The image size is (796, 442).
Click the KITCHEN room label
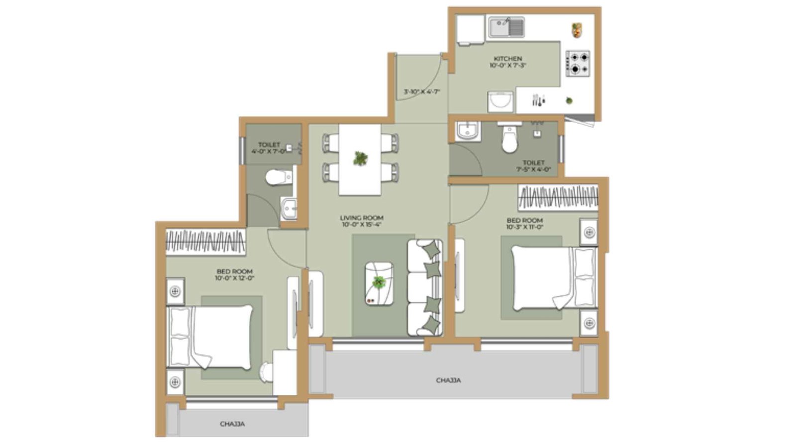point(507,59)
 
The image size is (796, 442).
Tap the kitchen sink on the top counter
point(506,27)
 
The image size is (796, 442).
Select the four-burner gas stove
point(578,63)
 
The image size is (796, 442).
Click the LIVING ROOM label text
point(362,218)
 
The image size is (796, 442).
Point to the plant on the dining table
point(360,159)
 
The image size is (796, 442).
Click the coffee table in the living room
point(379,284)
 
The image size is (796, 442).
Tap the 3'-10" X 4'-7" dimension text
point(422,92)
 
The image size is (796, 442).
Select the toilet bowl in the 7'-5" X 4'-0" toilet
point(509,139)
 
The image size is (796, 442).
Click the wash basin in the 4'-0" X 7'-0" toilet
point(289,208)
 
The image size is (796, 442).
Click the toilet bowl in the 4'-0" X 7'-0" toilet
point(278,177)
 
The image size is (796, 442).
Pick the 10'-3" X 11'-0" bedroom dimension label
point(524,227)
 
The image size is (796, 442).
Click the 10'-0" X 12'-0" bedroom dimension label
point(234,278)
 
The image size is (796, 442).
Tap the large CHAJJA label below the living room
point(448,380)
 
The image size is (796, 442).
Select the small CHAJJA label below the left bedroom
point(232,424)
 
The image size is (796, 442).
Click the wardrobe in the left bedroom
point(205,242)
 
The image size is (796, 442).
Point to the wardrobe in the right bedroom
point(558,197)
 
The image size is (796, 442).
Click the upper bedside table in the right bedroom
point(589,232)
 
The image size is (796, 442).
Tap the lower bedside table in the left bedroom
point(175,382)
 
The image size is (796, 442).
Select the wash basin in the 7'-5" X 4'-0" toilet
point(467,132)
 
